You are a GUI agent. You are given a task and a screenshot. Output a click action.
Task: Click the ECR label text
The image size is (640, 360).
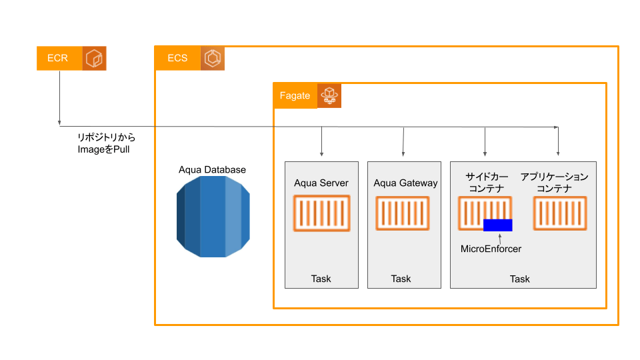pyautogui.click(x=57, y=58)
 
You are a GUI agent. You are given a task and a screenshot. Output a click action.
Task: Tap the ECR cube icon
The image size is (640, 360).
pyautogui.click(x=94, y=59)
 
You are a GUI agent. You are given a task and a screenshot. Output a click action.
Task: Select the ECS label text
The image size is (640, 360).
pyautogui.click(x=177, y=58)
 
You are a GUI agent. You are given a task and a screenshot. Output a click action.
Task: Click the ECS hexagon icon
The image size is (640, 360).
pyautogui.click(x=213, y=58)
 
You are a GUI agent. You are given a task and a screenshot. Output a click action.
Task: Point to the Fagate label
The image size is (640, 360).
pyautogui.click(x=295, y=96)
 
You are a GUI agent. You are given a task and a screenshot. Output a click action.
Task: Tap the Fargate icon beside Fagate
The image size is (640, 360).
pyautogui.click(x=329, y=96)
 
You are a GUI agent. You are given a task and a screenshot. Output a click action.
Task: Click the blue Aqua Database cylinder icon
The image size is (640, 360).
pyautogui.click(x=213, y=216)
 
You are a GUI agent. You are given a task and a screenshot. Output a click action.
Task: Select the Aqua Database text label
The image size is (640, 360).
pyautogui.click(x=212, y=169)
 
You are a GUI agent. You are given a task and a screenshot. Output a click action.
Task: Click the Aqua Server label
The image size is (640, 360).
pyautogui.click(x=321, y=183)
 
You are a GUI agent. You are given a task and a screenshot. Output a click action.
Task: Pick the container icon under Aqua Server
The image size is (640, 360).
pyautogui.click(x=321, y=213)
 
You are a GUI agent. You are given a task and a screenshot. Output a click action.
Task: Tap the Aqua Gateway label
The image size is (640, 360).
pyautogui.click(x=405, y=183)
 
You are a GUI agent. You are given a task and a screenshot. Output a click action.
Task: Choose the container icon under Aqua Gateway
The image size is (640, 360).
pyautogui.click(x=403, y=213)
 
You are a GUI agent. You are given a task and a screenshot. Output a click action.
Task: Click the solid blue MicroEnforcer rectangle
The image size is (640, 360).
pyautogui.click(x=497, y=225)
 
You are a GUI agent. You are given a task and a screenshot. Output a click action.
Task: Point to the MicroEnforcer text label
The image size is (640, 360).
pyautogui.click(x=491, y=249)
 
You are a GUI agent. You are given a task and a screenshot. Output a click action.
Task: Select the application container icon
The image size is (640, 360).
pyautogui.click(x=560, y=213)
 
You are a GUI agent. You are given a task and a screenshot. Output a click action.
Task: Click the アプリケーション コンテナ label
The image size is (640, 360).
pyautogui.click(x=554, y=183)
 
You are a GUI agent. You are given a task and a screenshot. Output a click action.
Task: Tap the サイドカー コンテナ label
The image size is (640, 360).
pyautogui.click(x=487, y=183)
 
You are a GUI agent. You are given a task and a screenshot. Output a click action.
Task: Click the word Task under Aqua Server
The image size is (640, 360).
pyautogui.click(x=321, y=279)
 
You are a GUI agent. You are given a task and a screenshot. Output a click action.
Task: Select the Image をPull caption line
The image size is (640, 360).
pyautogui.click(x=104, y=149)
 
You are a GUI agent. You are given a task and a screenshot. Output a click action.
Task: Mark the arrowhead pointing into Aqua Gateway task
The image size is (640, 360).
pyautogui.click(x=403, y=154)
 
